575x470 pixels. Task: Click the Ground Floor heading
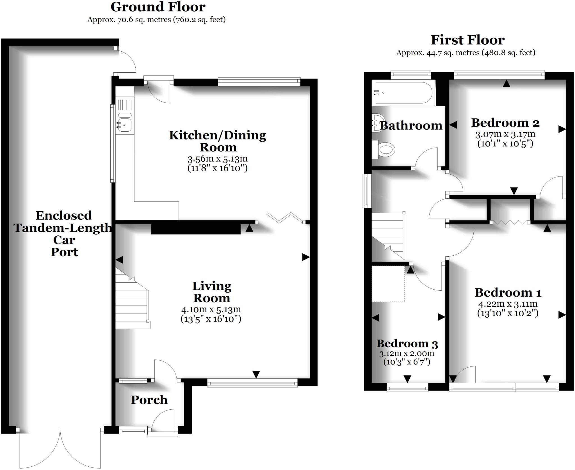pyautogui.click(x=158, y=7)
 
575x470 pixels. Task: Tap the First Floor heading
pyautogui.click(x=467, y=40)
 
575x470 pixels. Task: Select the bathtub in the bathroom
pyautogui.click(x=403, y=93)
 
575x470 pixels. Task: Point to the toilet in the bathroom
pyautogui.click(x=384, y=149)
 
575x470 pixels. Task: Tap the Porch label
pyautogui.click(x=149, y=400)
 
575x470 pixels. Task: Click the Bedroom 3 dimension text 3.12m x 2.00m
pyautogui.click(x=407, y=354)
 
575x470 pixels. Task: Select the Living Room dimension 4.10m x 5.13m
pyautogui.click(x=211, y=310)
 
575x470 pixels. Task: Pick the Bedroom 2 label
pyautogui.click(x=505, y=123)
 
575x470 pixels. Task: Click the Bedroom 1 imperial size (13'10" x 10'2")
pyautogui.click(x=508, y=313)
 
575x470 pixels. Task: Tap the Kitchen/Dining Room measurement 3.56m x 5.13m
pyautogui.click(x=218, y=159)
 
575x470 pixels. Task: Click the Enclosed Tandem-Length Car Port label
pyautogui.click(x=64, y=234)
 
